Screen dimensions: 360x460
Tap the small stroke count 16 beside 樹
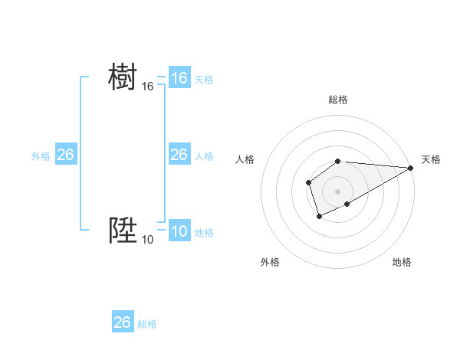pos(148,87)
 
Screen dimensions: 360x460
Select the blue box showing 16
pos(179,78)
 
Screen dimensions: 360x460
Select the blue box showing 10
pos(179,231)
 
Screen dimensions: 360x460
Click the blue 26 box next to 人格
pos(179,155)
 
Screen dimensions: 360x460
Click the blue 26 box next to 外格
pos(66,155)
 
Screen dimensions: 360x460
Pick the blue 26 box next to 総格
pos(123,322)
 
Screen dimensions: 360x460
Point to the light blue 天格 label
pos(204,80)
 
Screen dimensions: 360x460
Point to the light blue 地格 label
pos(204,233)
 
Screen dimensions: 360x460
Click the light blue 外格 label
pos(41,156)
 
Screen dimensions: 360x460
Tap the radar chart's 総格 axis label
pos(338,100)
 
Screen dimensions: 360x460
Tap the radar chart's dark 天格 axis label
pos(431,159)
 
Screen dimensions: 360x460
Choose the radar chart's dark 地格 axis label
pos(402,262)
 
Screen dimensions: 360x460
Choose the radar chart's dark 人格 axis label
pos(245,159)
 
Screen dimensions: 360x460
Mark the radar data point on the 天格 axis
pos(411,168)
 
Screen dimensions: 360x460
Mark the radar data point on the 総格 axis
pos(338,161)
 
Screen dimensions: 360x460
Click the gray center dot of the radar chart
pos(338,191)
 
